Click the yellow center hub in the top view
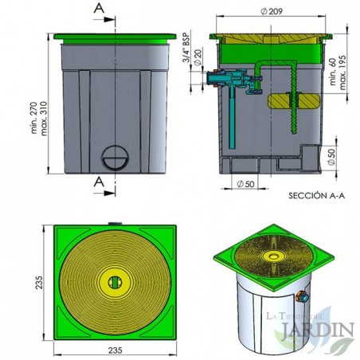point(115,280)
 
